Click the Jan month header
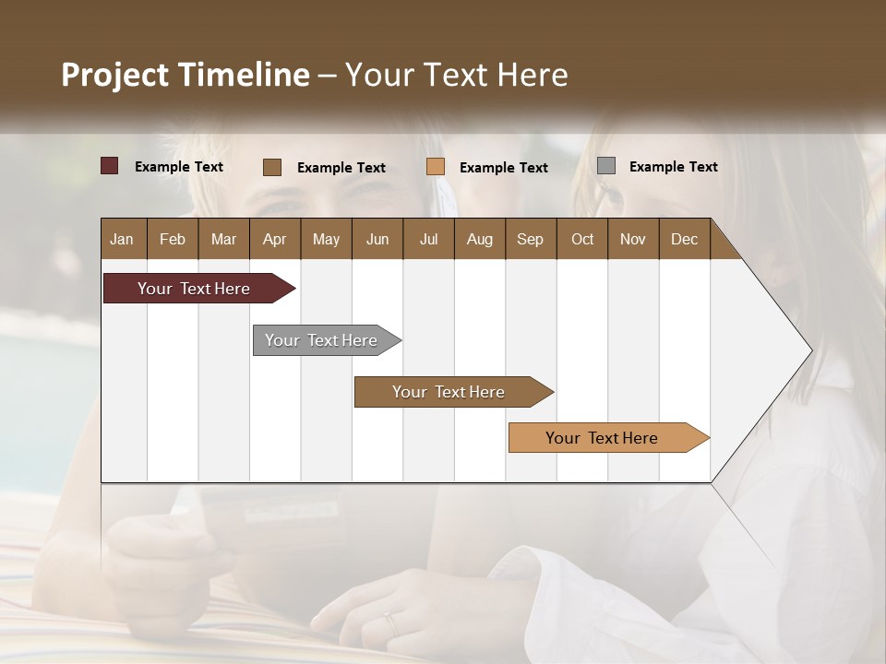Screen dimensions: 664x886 [x=122, y=239]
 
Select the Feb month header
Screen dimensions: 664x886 [x=173, y=239]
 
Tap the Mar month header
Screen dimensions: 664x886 [x=223, y=239]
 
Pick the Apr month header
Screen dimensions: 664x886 [x=274, y=239]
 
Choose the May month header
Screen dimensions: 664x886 [x=326, y=239]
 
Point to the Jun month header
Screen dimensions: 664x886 [x=377, y=239]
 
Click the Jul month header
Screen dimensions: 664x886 [x=428, y=239]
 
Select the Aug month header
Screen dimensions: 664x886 [x=479, y=239]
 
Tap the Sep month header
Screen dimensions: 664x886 [x=530, y=239]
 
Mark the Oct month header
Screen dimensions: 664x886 [x=582, y=239]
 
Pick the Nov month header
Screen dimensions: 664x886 [x=633, y=239]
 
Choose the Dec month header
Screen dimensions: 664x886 [x=684, y=239]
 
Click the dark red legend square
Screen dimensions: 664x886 [x=109, y=166]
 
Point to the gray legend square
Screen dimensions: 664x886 [x=606, y=166]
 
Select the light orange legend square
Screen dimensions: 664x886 [x=436, y=167]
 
